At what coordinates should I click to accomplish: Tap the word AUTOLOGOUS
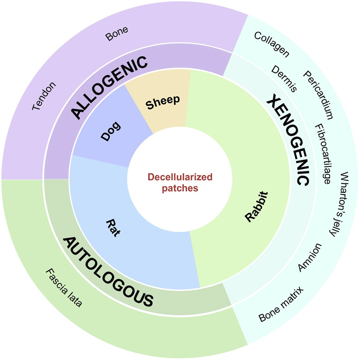[x=107, y=271]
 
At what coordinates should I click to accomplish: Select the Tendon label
[x=43, y=96]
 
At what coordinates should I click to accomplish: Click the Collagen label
[x=272, y=44]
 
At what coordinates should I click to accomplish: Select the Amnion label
[x=310, y=257]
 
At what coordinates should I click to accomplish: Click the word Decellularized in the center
[x=180, y=177]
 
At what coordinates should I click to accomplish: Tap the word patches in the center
[x=180, y=188]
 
